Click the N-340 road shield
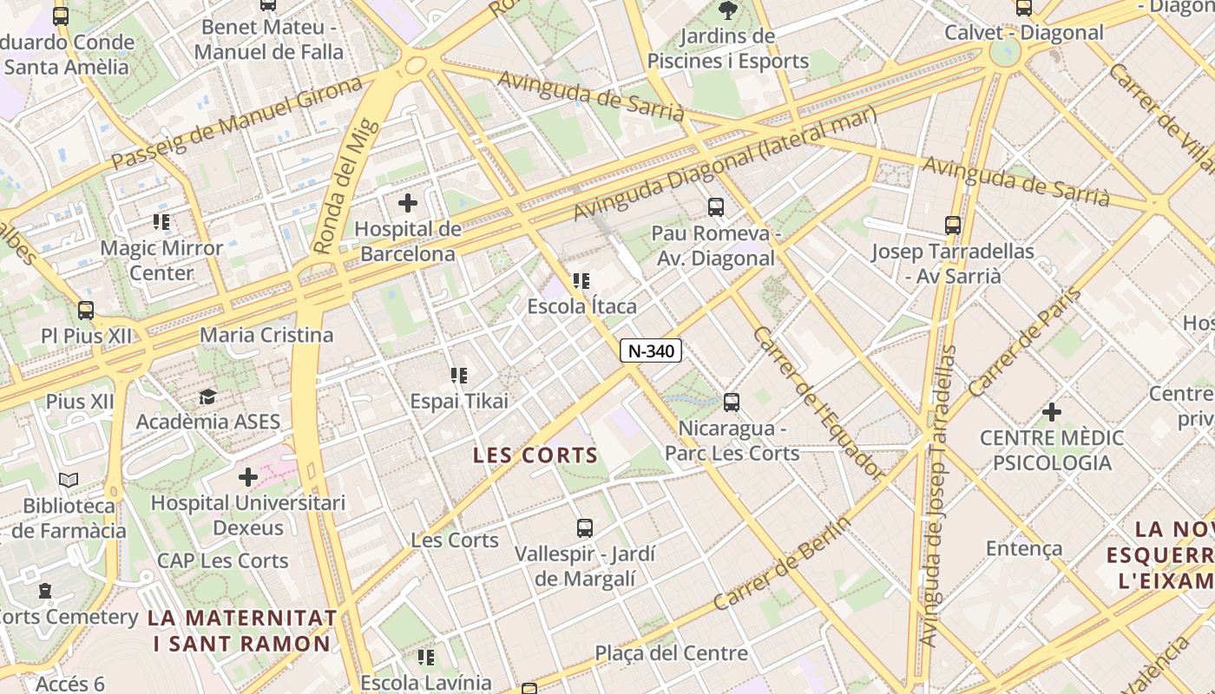650,350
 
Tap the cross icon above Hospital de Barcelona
407,204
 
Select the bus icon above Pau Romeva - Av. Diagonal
715,207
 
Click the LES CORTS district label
535,455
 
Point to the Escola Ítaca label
581,306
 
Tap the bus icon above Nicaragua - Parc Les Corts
732,403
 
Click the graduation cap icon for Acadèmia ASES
207,396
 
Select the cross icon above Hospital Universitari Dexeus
248,477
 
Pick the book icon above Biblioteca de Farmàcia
69,480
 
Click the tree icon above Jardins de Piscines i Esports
727,10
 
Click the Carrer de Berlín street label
781,564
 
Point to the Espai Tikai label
458,401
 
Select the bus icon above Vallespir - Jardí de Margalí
585,527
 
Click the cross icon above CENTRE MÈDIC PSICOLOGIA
1052,411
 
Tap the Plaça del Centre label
671,653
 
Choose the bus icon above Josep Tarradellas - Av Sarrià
953,226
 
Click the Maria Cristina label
266,335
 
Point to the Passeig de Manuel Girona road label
236,123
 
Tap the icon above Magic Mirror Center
161,222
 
